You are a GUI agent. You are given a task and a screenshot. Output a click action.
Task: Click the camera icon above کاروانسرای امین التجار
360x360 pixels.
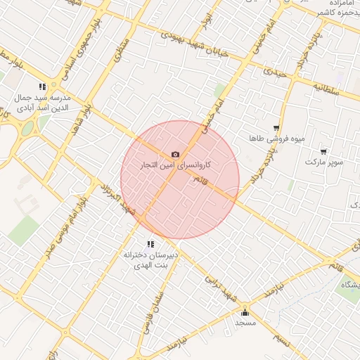pyautogui.click(x=175, y=155)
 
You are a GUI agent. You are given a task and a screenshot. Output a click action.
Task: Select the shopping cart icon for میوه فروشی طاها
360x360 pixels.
pyautogui.click(x=276, y=128)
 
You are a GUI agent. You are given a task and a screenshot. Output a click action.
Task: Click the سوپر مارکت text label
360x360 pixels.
pyautogui.click(x=324, y=162)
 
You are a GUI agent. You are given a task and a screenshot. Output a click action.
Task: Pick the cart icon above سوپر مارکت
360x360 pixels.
pyautogui.click(x=323, y=151)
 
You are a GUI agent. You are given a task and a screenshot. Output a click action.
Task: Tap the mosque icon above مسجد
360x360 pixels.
pyautogui.click(x=245, y=313)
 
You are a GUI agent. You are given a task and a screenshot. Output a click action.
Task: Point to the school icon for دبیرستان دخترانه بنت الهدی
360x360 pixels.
pyautogui.click(x=150, y=244)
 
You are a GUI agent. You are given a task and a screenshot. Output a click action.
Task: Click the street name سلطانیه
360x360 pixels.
pyautogui.click(x=327, y=89)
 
